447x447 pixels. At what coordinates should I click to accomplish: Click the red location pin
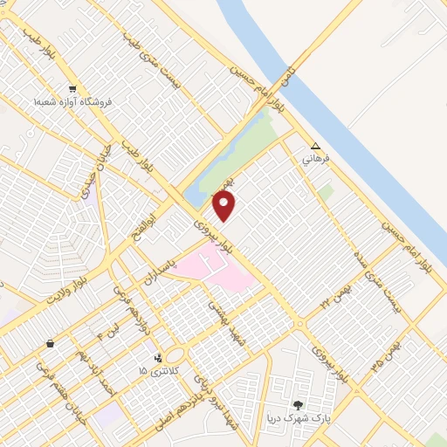coord(224,206)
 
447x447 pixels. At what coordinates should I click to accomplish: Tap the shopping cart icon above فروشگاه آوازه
coord(73,88)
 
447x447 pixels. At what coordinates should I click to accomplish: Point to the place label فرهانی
coord(315,160)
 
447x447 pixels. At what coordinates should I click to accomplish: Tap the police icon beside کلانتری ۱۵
coord(157,357)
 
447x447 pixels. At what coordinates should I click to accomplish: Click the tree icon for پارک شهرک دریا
coord(299,405)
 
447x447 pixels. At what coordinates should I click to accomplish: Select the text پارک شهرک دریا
coord(296,419)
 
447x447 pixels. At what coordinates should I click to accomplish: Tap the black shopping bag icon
coord(50,344)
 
